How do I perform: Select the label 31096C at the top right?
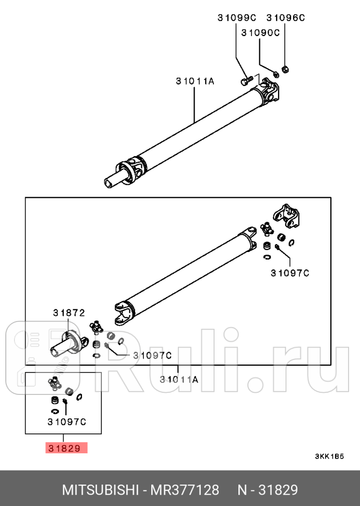point(285,18)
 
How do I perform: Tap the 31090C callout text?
point(260,32)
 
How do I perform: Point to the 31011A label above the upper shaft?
point(195,81)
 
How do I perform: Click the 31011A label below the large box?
point(179,380)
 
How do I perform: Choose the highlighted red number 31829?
point(66,448)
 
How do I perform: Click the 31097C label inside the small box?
point(66,421)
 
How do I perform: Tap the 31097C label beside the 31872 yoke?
point(152,355)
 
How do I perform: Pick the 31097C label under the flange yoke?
point(290,272)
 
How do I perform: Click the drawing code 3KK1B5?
point(329,456)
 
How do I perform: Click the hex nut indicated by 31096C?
point(285,69)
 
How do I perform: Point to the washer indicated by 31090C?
point(275,74)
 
